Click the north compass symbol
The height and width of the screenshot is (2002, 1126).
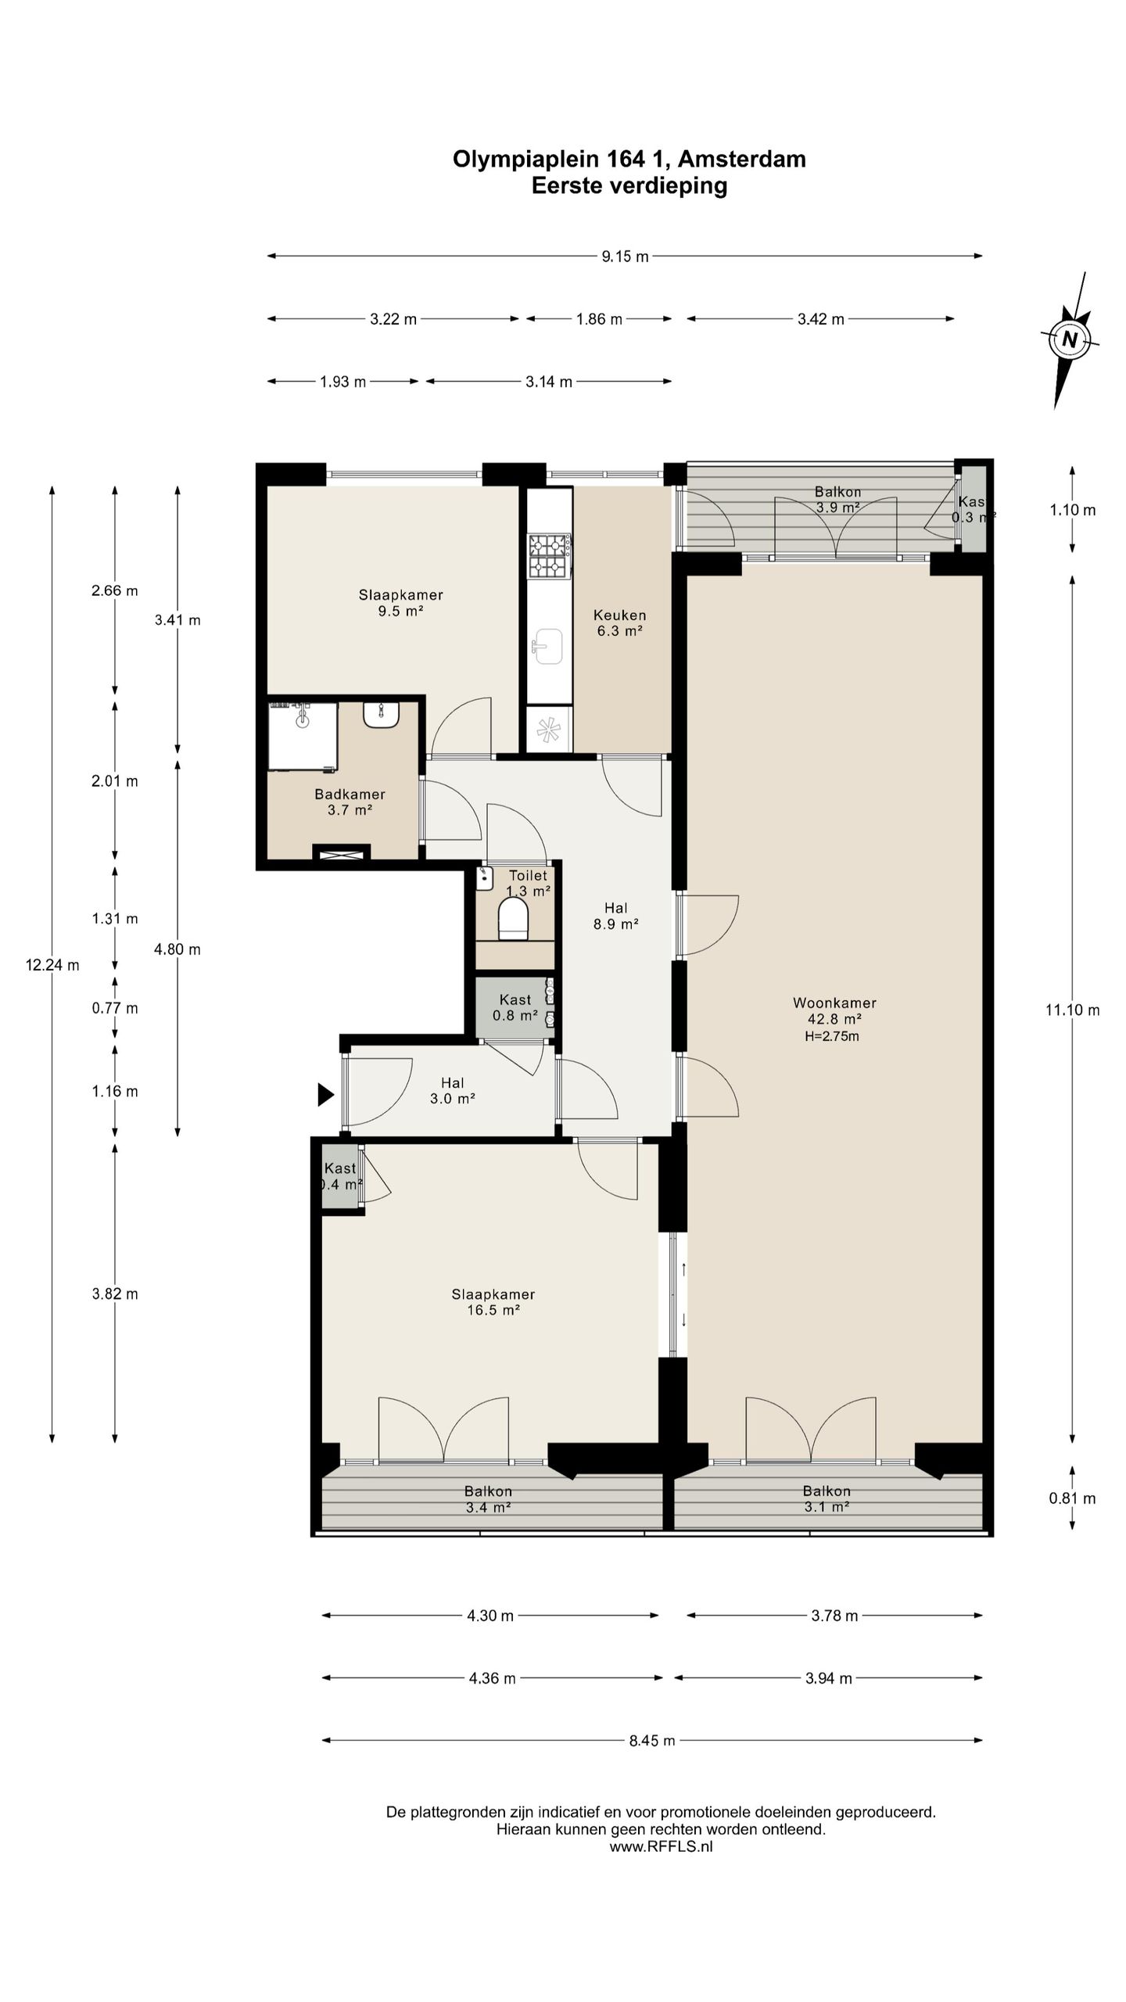click(1070, 340)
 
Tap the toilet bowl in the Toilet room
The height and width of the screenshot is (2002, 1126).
click(514, 919)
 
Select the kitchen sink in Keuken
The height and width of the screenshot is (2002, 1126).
click(549, 646)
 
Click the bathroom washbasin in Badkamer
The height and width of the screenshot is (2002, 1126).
click(381, 714)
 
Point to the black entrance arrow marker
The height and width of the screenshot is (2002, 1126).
click(325, 1094)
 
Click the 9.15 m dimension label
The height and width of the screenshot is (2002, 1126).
click(625, 256)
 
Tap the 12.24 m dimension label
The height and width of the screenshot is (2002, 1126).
click(52, 965)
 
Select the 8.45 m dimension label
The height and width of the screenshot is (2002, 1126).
click(651, 1740)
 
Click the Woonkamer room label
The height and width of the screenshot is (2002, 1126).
click(834, 1003)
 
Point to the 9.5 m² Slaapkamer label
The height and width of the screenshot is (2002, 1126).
click(401, 603)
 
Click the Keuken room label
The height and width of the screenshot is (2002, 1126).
click(620, 615)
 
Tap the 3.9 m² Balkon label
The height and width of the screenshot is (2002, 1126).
click(838, 500)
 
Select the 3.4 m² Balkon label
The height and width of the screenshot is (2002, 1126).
click(488, 1499)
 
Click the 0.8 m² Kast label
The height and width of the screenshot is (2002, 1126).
click(515, 1008)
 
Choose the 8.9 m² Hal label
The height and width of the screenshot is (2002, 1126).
click(616, 916)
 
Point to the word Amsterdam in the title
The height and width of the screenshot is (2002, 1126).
click(741, 159)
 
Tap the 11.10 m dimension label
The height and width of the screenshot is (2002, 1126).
click(1073, 1010)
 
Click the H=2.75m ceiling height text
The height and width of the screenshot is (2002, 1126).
click(832, 1036)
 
